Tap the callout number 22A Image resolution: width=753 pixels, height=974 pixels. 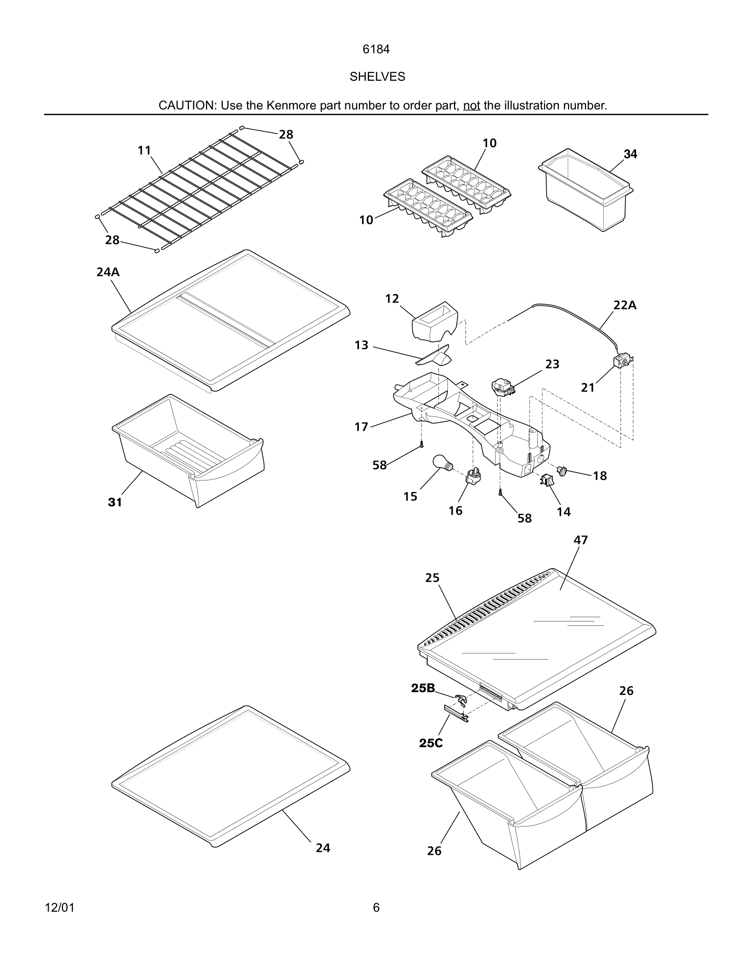point(625,305)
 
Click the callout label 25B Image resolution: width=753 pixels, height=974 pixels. point(422,688)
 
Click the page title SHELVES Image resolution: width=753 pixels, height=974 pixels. point(377,77)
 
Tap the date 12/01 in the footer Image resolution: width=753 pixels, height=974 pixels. point(60,908)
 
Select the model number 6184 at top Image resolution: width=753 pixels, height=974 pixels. point(376,50)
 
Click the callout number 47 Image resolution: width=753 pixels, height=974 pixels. point(580,540)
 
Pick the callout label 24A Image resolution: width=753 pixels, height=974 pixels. point(108,272)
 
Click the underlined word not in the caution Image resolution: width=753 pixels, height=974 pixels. point(471,106)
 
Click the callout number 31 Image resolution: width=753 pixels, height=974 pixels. point(115,502)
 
